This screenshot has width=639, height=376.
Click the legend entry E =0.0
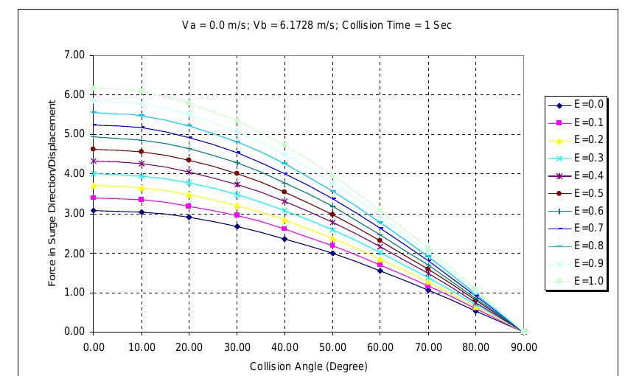[579, 105]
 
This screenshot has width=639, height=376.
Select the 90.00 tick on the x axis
[523, 344]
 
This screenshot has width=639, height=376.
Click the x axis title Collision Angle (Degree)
[308, 364]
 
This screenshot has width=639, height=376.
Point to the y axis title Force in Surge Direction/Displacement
[52, 193]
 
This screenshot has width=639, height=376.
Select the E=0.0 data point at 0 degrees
[94, 210]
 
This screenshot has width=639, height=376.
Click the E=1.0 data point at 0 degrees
[94, 88]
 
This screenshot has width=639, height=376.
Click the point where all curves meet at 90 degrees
[523, 332]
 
